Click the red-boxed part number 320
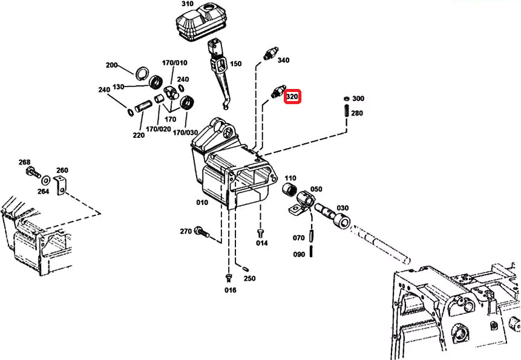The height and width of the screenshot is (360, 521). (292, 97)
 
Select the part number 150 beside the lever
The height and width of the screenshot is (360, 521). (235, 64)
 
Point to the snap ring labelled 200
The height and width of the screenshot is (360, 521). (142, 73)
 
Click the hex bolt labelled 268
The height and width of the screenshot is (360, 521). (33, 172)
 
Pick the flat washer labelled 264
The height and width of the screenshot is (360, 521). (45, 180)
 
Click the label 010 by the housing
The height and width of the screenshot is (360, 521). (202, 202)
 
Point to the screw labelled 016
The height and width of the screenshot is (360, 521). (229, 278)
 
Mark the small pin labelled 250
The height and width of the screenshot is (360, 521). (246, 269)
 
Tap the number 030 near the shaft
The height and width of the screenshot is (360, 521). (342, 208)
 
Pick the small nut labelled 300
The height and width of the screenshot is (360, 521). (346, 99)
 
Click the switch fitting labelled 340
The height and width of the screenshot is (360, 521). (270, 53)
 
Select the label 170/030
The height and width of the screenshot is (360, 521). (185, 133)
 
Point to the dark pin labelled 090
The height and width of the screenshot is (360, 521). (312, 251)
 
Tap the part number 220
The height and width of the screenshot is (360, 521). (139, 135)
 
